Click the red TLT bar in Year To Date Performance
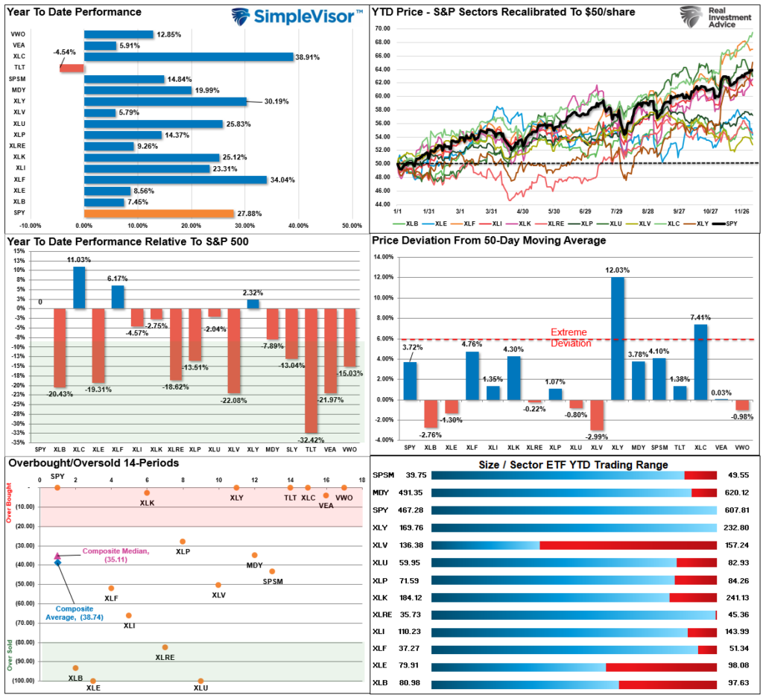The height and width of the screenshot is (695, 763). click(72, 68)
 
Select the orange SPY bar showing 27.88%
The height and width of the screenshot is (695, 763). click(159, 214)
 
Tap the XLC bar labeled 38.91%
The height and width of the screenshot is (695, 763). click(189, 57)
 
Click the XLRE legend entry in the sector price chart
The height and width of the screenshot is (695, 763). click(551, 223)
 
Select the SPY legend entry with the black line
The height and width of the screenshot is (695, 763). click(726, 223)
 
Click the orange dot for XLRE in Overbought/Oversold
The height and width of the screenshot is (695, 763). click(165, 647)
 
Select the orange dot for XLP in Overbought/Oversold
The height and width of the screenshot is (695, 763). click(183, 542)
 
